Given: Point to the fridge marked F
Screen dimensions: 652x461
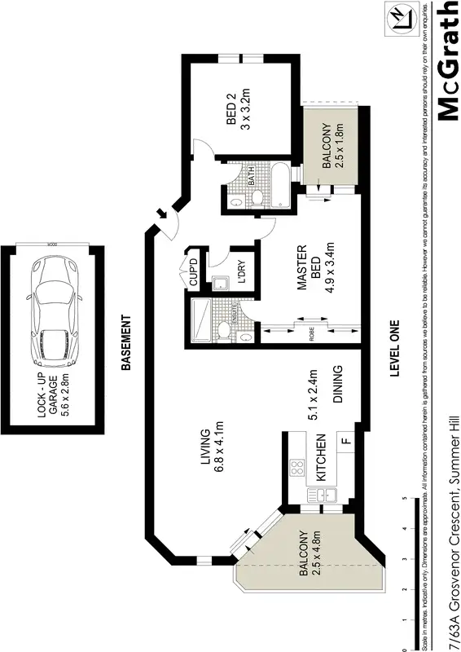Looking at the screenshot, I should pyautogui.click(x=345, y=443).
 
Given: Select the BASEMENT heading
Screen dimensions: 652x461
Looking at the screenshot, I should pyautogui.click(x=126, y=343).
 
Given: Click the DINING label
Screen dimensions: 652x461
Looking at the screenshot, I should pyautogui.click(x=336, y=385).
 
